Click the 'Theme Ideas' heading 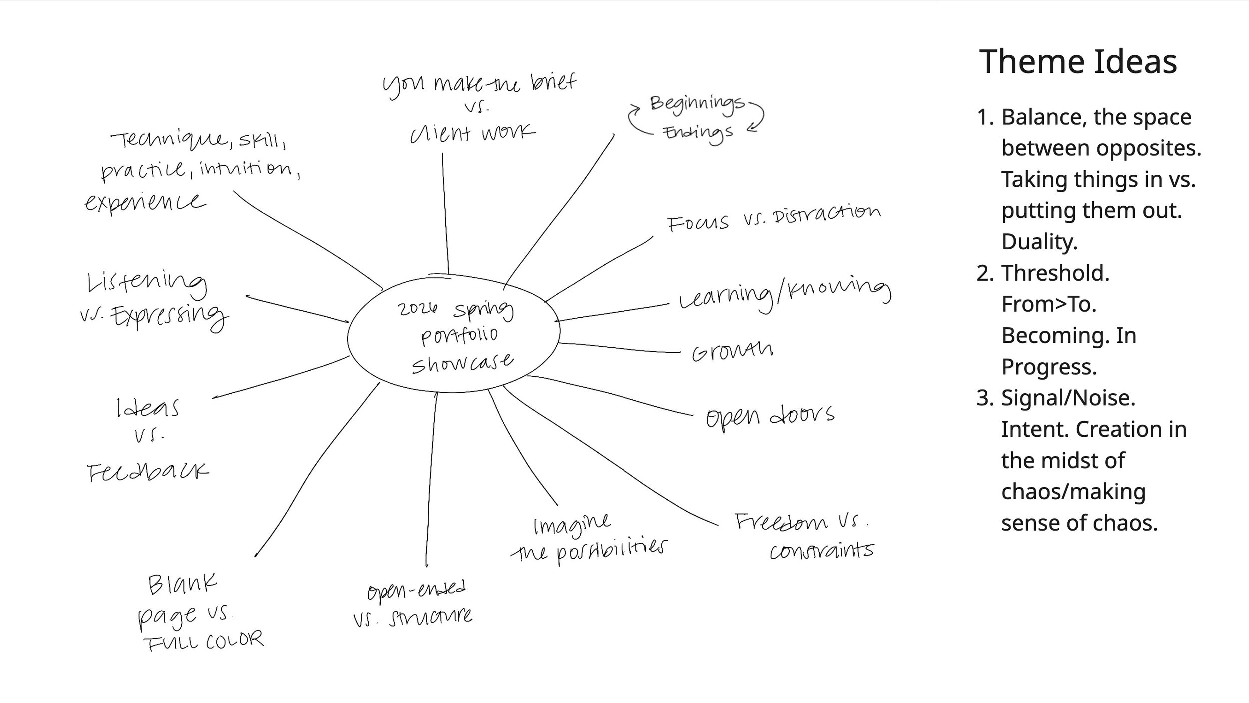coord(1078,62)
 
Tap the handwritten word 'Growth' coord(732,352)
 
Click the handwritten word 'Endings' coord(698,133)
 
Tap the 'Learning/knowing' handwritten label coord(784,295)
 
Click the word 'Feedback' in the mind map coord(148,472)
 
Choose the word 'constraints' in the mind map coord(821,551)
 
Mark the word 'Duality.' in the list coord(1039,242)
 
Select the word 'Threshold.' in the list coord(1055,273)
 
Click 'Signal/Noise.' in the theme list coord(1068,398)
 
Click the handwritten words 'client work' coord(472,133)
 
